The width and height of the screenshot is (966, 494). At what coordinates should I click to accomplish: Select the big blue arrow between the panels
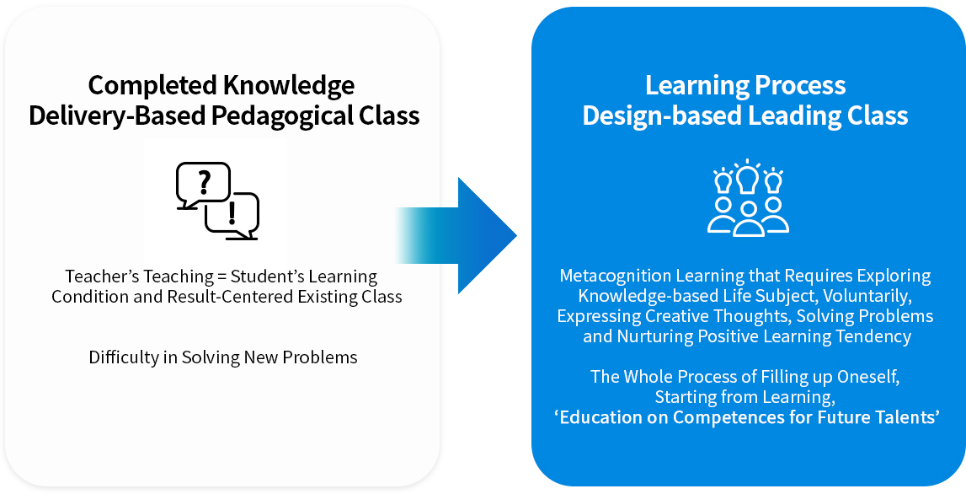click(x=456, y=235)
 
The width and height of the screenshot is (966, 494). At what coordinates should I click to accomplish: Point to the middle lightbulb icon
click(x=748, y=178)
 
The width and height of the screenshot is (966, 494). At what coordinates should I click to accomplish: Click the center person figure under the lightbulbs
click(x=749, y=219)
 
